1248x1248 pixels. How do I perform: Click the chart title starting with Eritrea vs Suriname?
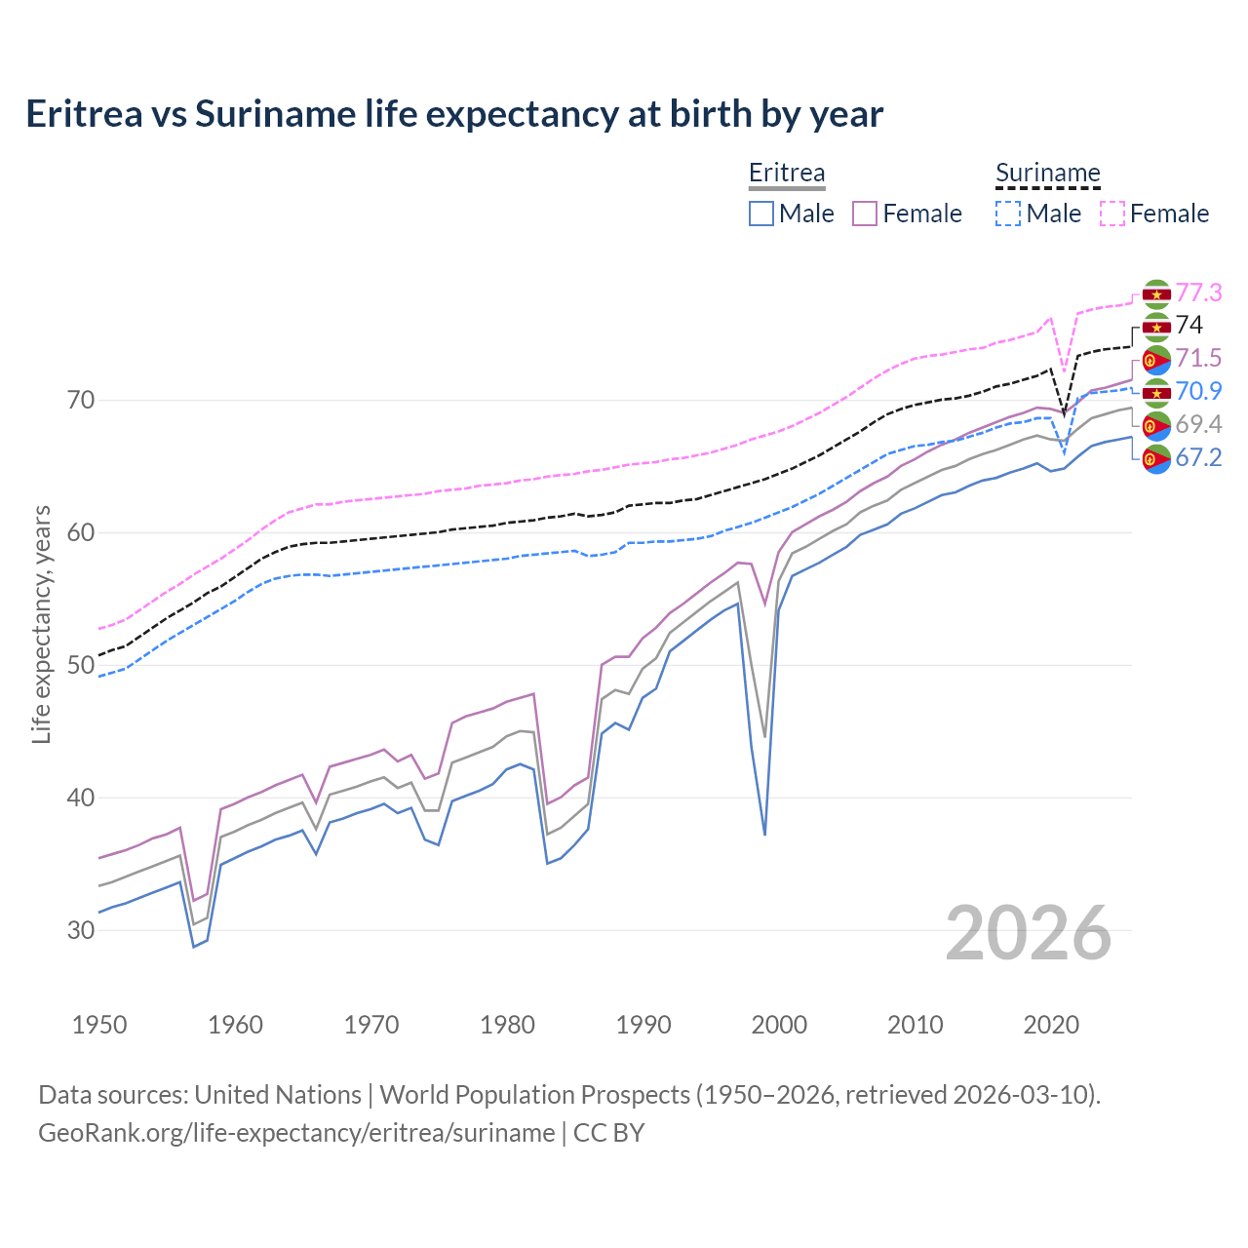coord(454,114)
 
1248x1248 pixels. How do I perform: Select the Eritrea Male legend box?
coord(761,214)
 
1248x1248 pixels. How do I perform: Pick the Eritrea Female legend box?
coord(865,214)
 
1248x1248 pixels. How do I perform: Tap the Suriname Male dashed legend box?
coord(1008,214)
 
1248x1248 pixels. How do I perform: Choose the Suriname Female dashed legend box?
coord(1112,214)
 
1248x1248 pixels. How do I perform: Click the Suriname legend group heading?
coord(1047,174)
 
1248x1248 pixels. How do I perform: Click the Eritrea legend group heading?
coord(786,174)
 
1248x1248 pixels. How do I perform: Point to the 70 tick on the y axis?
coord(81,401)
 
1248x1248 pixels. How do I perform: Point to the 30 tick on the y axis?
coord(81,930)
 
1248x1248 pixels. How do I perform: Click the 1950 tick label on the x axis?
coord(99,1025)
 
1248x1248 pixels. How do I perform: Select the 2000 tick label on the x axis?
coord(779,1025)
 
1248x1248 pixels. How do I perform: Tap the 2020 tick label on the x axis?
coord(1051,1025)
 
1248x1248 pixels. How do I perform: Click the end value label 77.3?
coord(1198,292)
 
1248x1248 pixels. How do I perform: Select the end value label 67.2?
coord(1198,458)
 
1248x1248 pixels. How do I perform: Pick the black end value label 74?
coord(1189,326)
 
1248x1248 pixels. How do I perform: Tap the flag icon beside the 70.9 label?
coord(1156,393)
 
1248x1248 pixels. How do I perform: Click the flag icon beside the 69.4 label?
coord(1156,425)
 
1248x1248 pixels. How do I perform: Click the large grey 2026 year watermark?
coord(1028,934)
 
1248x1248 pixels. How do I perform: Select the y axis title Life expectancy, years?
coord(42,624)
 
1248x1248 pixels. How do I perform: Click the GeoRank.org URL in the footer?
coord(296,1133)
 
